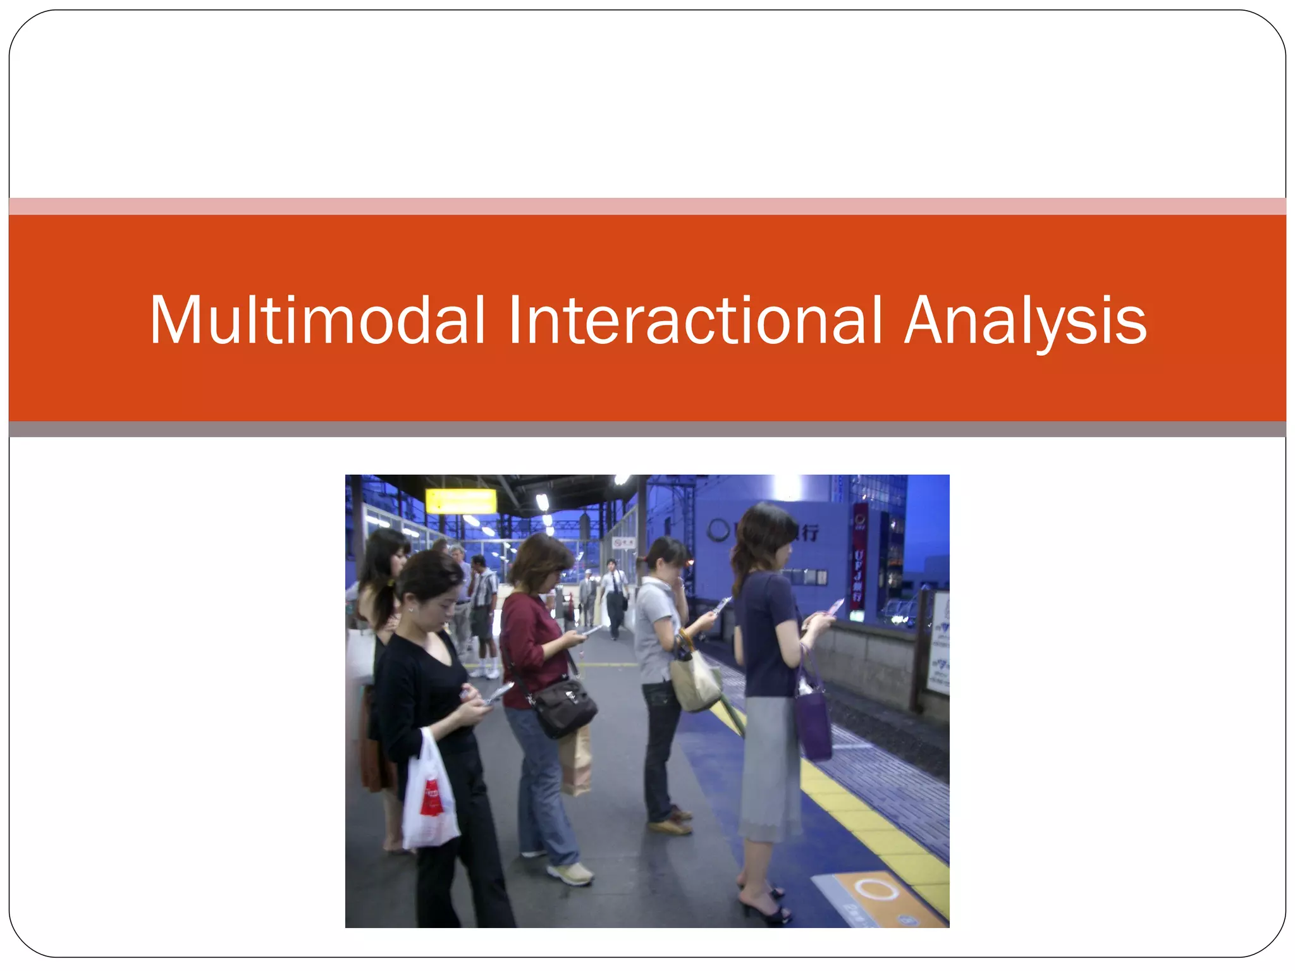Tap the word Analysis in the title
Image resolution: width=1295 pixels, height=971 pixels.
tap(1025, 322)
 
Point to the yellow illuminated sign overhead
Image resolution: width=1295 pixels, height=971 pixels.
tap(460, 501)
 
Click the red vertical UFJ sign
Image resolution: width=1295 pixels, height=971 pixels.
tap(859, 556)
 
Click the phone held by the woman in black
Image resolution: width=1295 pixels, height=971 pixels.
tap(498, 693)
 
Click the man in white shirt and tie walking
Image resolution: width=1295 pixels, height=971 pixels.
tap(613, 597)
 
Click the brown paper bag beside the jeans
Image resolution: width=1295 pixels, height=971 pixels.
tap(576, 759)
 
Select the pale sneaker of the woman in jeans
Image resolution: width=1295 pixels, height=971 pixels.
tap(571, 874)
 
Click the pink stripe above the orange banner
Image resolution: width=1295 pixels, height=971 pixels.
tap(647, 206)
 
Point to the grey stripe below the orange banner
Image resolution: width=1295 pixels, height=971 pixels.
tap(647, 429)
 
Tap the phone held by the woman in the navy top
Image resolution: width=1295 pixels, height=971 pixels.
tap(834, 608)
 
